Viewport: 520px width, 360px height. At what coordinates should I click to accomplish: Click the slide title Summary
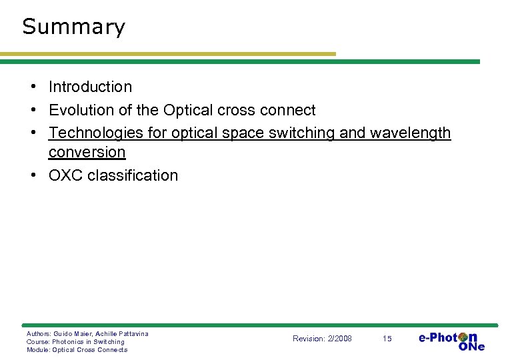pos(73,27)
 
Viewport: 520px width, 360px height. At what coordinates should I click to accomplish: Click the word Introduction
pos(90,87)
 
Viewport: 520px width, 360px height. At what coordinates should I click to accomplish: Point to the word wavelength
pos(410,133)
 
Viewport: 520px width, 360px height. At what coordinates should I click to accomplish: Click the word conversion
pos(87,152)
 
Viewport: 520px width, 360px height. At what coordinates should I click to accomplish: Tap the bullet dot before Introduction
pos(32,87)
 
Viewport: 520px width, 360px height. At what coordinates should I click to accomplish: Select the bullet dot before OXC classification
pos(32,176)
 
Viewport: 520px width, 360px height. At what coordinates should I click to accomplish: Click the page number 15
pos(387,339)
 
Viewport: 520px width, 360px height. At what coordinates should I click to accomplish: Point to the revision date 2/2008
pos(340,339)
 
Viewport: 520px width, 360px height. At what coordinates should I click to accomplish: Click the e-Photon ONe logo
pos(451,341)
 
